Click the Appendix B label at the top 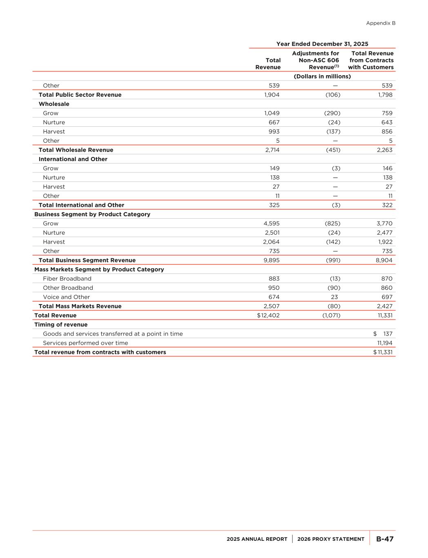(381, 23)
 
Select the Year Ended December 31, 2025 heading (322, 44)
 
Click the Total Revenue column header (268, 64)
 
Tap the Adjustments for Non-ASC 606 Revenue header (316, 61)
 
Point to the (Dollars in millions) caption (322, 76)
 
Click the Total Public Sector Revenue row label (80, 95)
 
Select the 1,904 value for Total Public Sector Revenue (272, 95)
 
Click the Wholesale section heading (54, 104)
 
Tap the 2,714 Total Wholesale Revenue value (272, 150)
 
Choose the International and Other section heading (73, 159)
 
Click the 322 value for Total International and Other (387, 205)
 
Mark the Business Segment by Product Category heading (92, 215)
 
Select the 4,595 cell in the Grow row (272, 224)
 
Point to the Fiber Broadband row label (67, 279)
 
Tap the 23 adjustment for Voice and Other (337, 297)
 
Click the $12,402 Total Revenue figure (268, 316)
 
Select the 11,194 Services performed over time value (385, 343)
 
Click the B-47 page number (385, 539)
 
